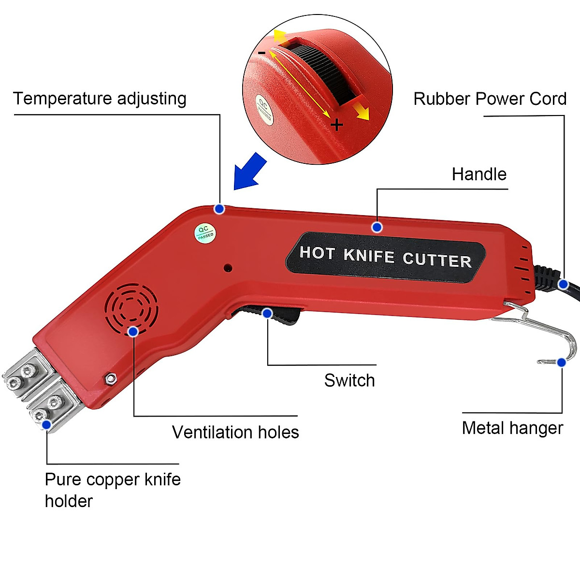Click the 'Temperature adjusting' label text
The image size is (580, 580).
[x=100, y=99]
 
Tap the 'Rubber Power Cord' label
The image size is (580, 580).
[x=490, y=99]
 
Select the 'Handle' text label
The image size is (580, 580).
[x=479, y=174]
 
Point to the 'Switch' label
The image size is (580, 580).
[x=349, y=380]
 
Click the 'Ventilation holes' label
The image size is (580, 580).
[x=235, y=432]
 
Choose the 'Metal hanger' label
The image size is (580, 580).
[x=512, y=428]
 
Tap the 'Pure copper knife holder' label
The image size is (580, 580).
[x=113, y=490]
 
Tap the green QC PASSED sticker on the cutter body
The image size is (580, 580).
[x=205, y=232]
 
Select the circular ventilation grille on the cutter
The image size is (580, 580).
[x=131, y=307]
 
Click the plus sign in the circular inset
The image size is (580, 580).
[x=337, y=126]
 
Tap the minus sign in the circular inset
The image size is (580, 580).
[x=261, y=53]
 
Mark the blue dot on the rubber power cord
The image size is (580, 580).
[x=563, y=284]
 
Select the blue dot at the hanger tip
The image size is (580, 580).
[x=561, y=362]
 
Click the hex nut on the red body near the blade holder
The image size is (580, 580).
[x=111, y=378]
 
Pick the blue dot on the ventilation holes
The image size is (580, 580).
[x=133, y=331]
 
